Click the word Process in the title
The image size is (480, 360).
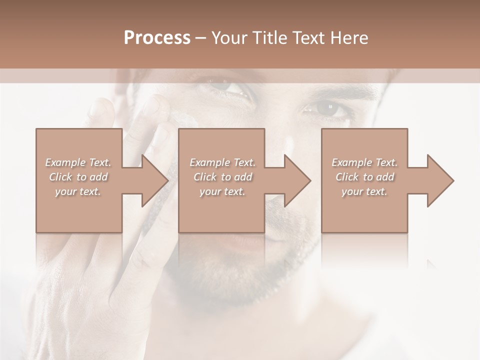157,38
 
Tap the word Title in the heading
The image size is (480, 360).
270,38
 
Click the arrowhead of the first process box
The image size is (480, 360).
154,180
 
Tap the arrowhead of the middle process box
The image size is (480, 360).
297,180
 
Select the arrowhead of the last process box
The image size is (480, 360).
440,180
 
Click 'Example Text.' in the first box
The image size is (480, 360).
78,162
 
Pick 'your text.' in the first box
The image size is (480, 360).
78,191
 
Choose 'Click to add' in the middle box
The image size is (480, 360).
222,177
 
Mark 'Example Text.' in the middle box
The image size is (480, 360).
222,162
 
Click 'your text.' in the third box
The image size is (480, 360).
364,191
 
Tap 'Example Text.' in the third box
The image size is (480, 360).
364,162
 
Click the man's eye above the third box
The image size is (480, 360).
327,107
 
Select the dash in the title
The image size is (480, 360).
200,38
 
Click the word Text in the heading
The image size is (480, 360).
308,38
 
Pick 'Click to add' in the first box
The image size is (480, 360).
78,177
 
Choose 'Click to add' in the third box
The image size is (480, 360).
364,177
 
